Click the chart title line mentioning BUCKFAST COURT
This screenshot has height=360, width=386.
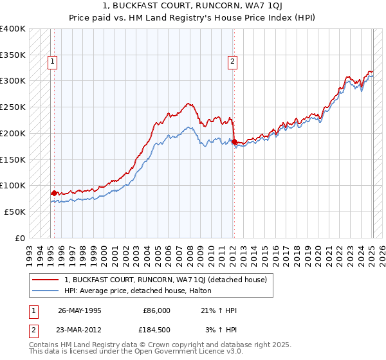click(x=193, y=6)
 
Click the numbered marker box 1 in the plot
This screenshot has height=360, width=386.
click(x=52, y=62)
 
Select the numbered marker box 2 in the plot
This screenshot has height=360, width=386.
click(x=232, y=62)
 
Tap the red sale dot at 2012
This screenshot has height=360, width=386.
click(x=234, y=141)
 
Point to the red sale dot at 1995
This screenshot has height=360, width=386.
click(x=54, y=193)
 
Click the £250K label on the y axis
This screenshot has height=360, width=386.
click(x=13, y=107)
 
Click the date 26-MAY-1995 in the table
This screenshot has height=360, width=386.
click(x=80, y=310)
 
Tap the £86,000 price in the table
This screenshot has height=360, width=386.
click(x=156, y=310)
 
